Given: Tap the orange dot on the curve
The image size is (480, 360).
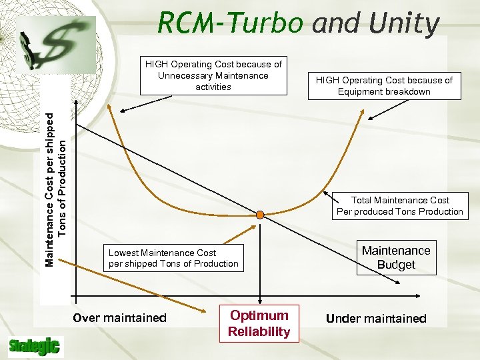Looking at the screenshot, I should tap(261, 214).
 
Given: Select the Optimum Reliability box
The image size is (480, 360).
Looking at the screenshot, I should tap(259, 323).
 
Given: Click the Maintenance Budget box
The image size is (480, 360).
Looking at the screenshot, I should tap(396, 257).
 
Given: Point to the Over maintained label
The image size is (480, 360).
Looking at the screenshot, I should tap(119, 318).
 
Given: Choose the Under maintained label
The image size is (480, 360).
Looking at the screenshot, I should tap(376, 319).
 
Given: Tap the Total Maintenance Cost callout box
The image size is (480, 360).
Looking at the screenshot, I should tap(400, 206).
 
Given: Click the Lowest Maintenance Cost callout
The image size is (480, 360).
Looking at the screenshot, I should tap(173, 258).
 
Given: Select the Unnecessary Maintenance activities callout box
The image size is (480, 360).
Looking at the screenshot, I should tap(213, 75).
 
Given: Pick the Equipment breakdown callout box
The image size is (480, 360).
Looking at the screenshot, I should tap(384, 86).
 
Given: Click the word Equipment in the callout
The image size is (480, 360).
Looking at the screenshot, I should tap(363, 91).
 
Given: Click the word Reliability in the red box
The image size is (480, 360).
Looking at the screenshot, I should tap(259, 331).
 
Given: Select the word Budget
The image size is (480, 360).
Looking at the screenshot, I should tap(396, 265).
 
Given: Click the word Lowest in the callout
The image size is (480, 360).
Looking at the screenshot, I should tap(125, 253).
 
